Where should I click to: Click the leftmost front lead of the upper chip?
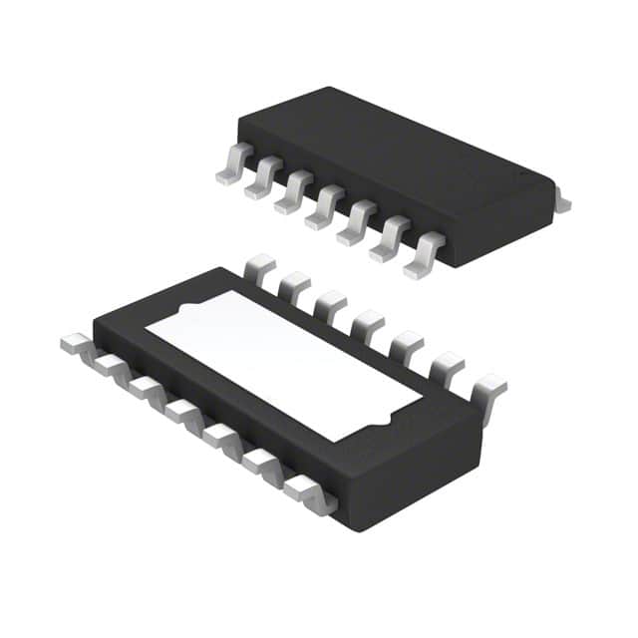(231, 164)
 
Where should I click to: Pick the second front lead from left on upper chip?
(262, 179)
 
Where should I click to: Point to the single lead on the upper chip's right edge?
(562, 202)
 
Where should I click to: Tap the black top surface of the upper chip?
(399, 150)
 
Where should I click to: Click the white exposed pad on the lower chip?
(284, 359)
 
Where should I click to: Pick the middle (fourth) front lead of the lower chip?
(184, 412)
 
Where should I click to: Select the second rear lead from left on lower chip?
(296, 284)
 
